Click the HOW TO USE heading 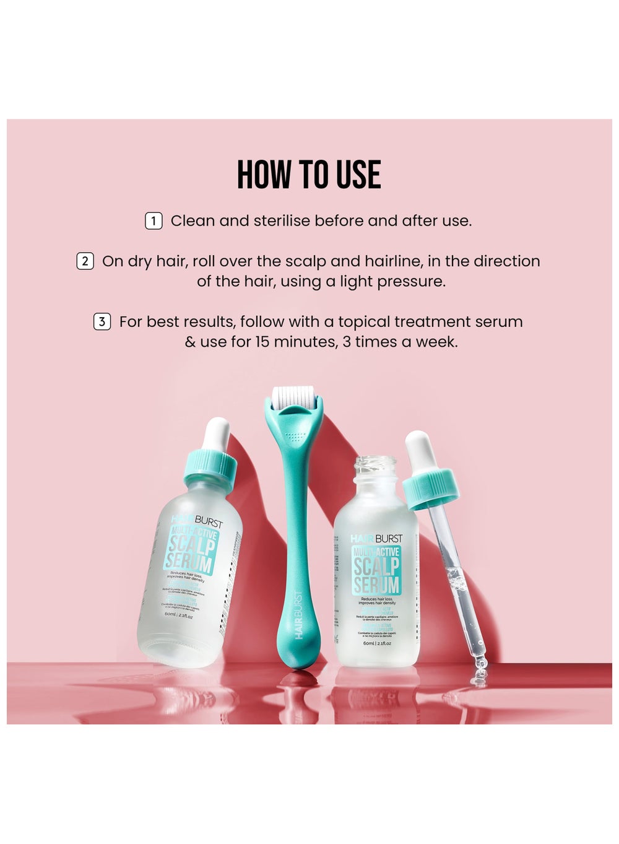[x=309, y=175]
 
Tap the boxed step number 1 [x=154, y=221]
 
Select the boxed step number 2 [x=85, y=261]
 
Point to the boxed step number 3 [x=102, y=322]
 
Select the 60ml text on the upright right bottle [x=369, y=643]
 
